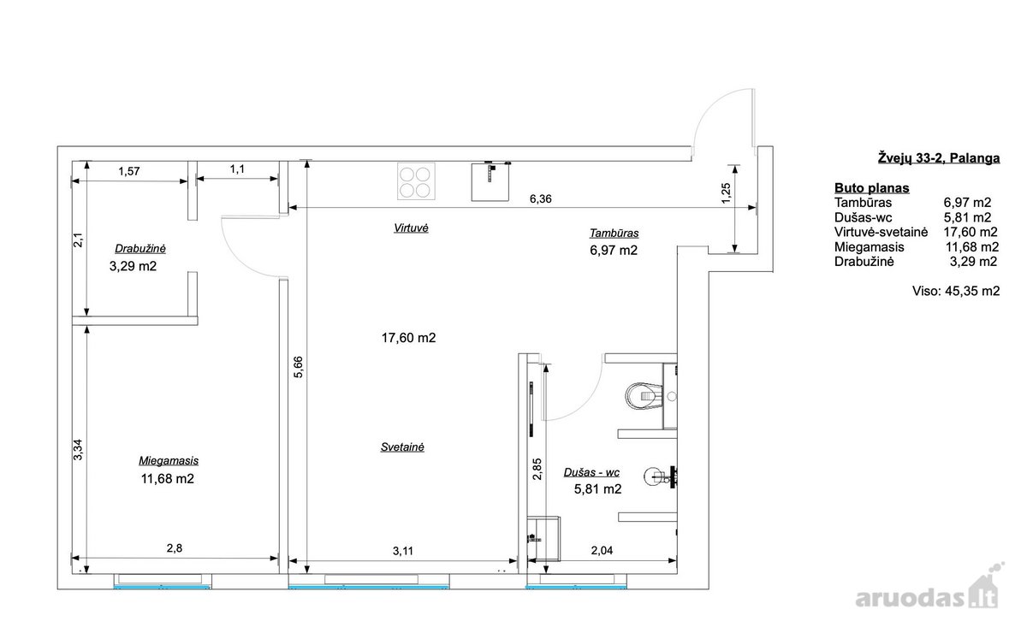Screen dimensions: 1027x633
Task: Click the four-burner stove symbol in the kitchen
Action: pos(416,181)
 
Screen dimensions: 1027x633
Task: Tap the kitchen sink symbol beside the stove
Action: pos(490,181)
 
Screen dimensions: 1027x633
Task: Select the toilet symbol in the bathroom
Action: pos(644,395)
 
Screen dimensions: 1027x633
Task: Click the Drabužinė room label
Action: pos(140,249)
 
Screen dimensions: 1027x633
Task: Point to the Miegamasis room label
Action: pos(169,461)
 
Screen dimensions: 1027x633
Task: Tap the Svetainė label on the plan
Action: pos(402,447)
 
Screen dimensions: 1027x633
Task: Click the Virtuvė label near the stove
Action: pos(411,228)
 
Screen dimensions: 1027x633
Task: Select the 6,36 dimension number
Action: pos(541,198)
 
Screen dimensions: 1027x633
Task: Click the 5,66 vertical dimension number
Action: pos(298,367)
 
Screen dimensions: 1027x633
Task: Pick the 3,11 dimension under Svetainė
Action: pos(403,551)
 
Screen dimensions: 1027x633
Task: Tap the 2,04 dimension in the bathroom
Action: pos(602,551)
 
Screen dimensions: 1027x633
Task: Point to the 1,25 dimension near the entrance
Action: pos(727,193)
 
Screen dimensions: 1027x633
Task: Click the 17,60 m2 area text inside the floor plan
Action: pos(408,338)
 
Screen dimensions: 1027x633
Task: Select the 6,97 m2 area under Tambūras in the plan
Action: pos(614,251)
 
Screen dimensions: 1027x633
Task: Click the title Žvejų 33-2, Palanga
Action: pos(939,158)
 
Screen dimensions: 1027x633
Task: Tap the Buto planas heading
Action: pos(871,188)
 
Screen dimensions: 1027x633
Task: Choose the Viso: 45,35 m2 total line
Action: pos(956,291)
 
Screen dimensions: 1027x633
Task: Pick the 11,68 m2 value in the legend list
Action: pos(972,247)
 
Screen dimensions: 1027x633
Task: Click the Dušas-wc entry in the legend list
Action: pos(863,217)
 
